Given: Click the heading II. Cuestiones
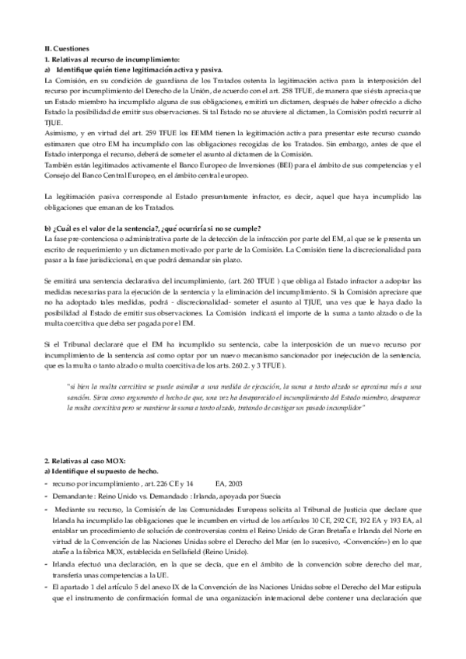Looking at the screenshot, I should tap(67, 48).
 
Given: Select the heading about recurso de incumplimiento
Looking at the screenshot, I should tap(112, 59).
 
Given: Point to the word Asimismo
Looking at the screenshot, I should tap(61, 134).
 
